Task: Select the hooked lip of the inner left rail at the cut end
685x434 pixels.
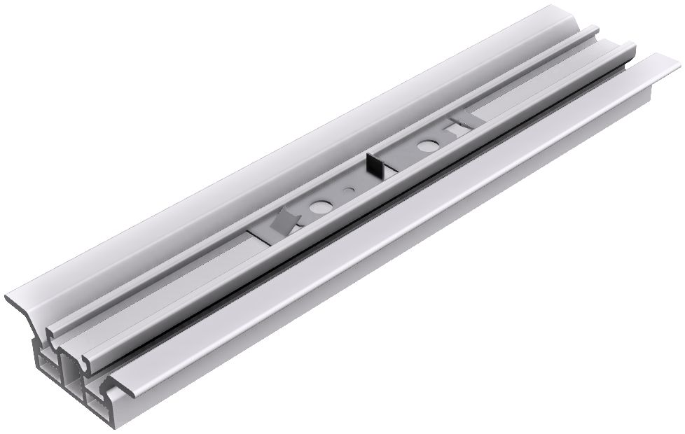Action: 52,329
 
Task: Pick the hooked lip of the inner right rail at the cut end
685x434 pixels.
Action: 87,360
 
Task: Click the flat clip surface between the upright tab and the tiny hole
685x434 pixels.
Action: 361,181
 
